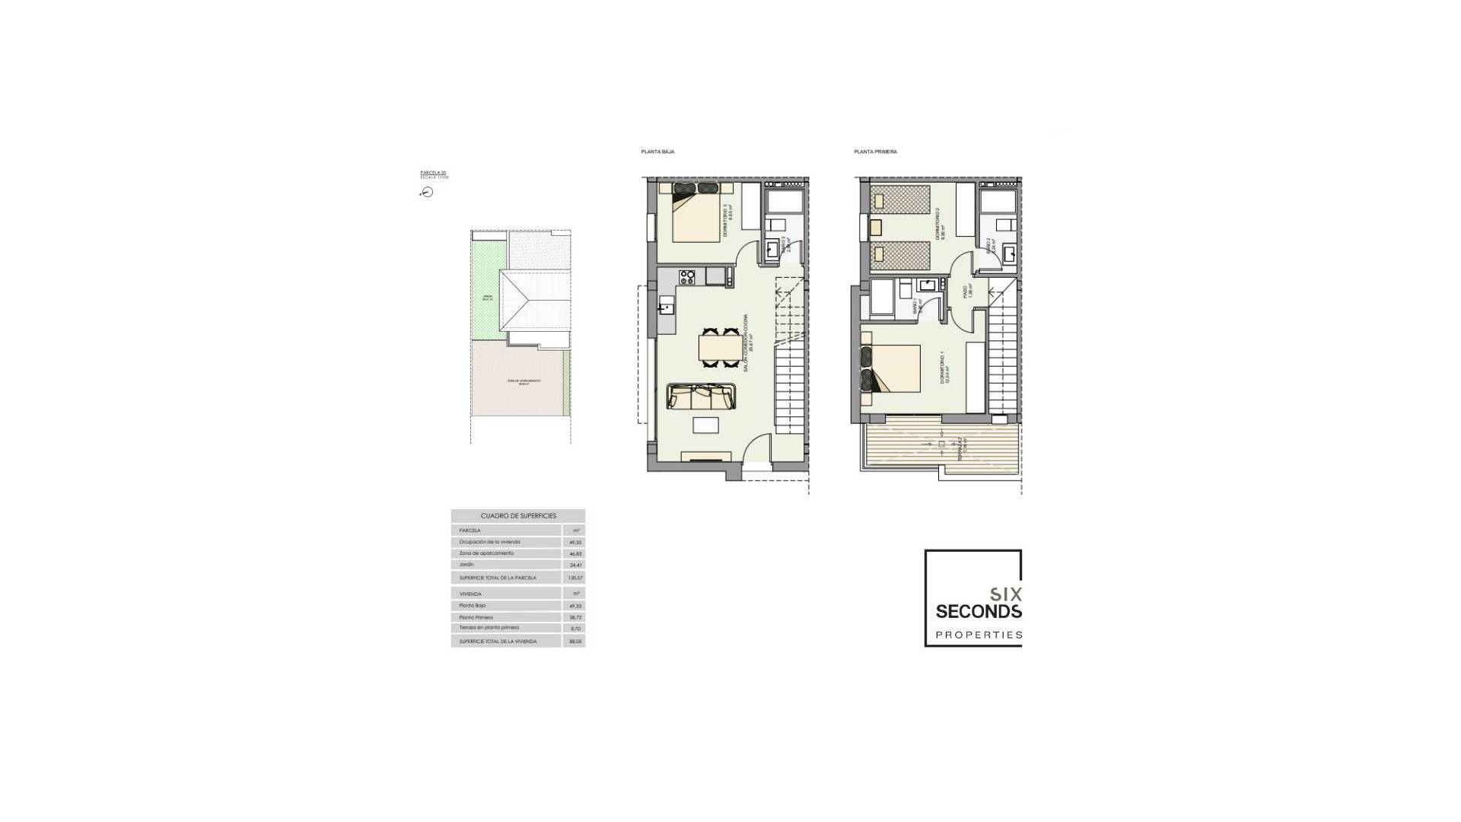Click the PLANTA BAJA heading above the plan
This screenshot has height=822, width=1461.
(x=657, y=152)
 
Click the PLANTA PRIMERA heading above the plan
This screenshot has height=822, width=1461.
(x=875, y=152)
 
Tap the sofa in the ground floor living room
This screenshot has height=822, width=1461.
(x=700, y=397)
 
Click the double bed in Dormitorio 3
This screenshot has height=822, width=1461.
(x=695, y=216)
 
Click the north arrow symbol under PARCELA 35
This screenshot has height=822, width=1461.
(x=427, y=193)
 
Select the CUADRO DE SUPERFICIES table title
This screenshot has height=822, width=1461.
(x=517, y=516)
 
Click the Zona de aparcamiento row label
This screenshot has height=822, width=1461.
(x=486, y=553)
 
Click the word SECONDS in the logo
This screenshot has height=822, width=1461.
(x=978, y=611)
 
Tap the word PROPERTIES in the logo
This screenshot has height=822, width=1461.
(x=978, y=635)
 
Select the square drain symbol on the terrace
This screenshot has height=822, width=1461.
(x=941, y=444)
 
